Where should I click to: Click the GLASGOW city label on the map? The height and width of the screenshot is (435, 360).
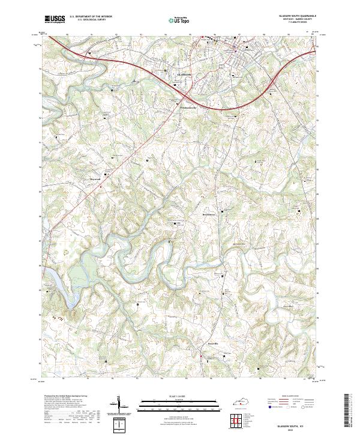pyautogui.click(x=184, y=74)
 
